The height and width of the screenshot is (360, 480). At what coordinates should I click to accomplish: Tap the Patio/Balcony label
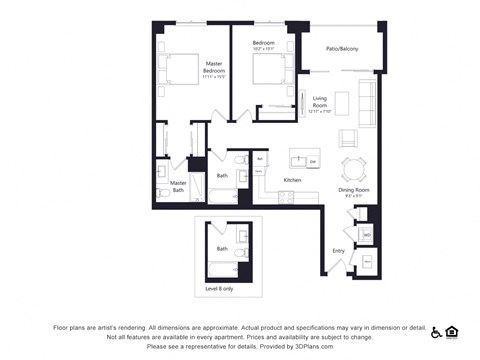tap(342, 49)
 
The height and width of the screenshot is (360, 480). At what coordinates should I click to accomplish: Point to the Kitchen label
tap(292, 180)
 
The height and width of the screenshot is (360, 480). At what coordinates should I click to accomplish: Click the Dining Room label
tap(354, 191)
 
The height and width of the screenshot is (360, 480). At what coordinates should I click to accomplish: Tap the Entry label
tap(338, 251)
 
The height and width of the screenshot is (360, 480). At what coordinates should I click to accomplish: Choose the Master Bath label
tap(178, 186)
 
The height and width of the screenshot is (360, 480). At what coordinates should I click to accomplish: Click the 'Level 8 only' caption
tap(220, 289)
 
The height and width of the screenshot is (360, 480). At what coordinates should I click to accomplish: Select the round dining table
tap(353, 166)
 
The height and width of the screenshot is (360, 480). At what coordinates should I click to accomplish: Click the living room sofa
tap(367, 102)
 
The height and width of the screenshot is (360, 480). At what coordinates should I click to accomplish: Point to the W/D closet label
tap(367, 235)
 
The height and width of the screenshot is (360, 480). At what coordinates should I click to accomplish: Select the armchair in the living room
tap(349, 138)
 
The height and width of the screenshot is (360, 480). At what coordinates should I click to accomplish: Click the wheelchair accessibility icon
tap(436, 331)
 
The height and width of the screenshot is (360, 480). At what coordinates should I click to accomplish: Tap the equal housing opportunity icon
tap(451, 331)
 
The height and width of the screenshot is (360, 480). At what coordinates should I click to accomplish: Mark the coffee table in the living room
tap(342, 102)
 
